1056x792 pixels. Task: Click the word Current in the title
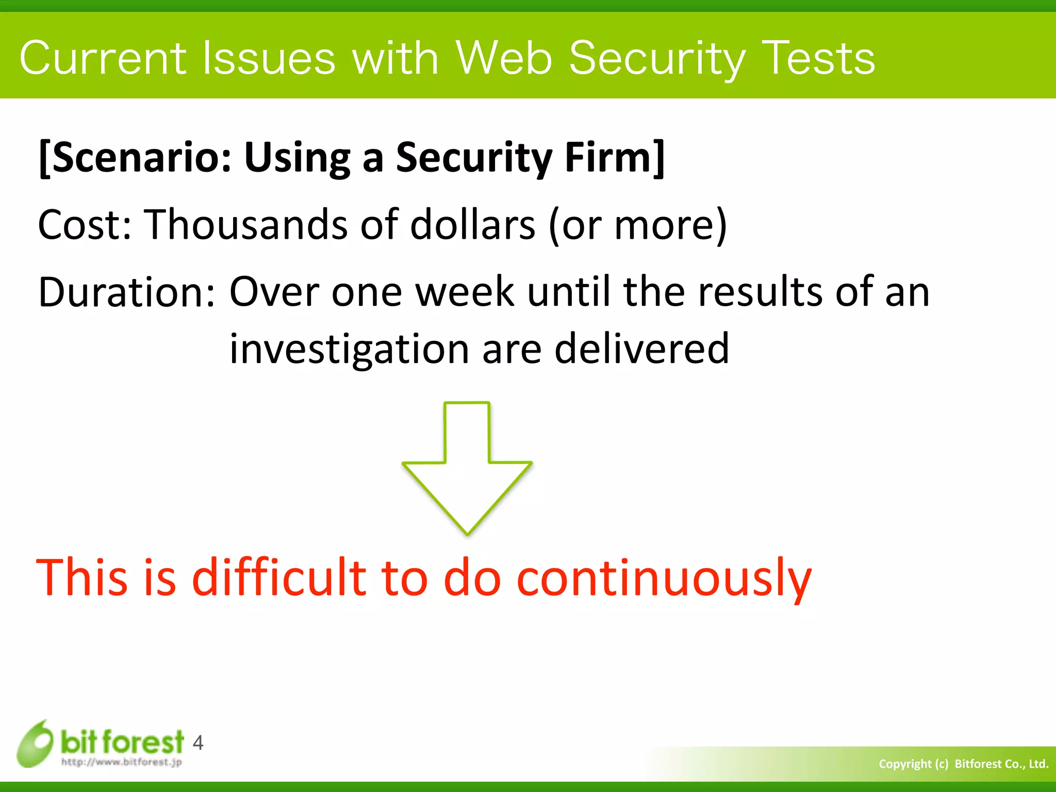point(102,58)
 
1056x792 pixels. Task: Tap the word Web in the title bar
point(503,58)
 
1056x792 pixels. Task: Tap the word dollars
point(472,225)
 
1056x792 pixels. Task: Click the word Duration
point(126,292)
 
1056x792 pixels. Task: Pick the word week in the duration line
point(465,292)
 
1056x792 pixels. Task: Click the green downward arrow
point(467,467)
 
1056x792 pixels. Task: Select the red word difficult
point(278,577)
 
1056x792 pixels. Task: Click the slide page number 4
point(198,743)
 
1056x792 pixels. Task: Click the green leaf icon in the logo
point(35,743)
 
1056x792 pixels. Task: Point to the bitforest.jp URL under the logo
point(121,762)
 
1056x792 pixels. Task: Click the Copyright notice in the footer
point(963,764)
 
